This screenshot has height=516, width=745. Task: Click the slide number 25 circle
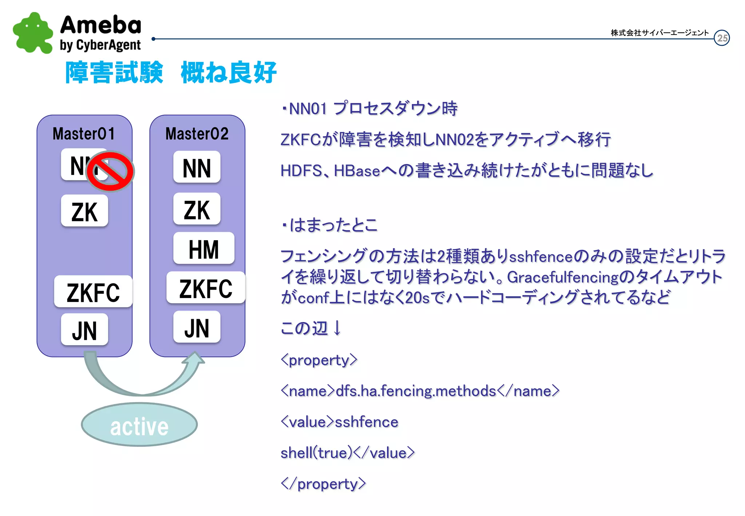722,38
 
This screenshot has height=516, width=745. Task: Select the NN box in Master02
197,168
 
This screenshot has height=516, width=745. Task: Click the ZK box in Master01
84,211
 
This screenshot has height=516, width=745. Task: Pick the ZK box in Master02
197,209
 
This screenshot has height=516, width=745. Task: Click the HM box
204,249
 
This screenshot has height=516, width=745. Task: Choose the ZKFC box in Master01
93,292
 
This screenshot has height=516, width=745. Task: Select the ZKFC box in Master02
206,288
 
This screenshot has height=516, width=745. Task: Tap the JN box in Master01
84,330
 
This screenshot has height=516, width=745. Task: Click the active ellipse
139,425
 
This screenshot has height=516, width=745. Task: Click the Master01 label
84,134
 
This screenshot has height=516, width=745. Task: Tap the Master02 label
197,134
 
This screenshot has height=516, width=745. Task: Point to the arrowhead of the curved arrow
195,358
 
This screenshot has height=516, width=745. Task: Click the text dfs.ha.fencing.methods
416,391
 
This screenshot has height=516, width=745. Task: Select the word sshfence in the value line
366,422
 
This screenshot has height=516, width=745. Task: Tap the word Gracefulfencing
562,277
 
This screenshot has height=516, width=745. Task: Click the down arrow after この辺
337,328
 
